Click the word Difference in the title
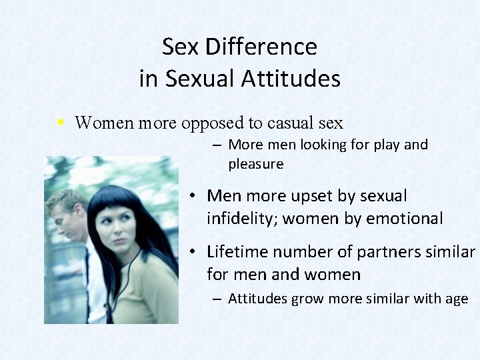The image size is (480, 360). (x=261, y=47)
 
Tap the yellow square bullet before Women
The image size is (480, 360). (x=60, y=123)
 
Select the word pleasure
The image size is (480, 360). (x=256, y=164)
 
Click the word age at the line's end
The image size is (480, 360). (x=456, y=299)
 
